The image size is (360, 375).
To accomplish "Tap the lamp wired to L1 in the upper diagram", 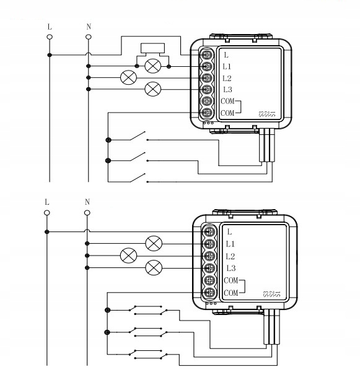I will click(152, 66).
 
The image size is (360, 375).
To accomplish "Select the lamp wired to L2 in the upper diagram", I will click(128, 77).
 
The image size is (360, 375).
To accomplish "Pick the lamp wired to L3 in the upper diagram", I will click(152, 89).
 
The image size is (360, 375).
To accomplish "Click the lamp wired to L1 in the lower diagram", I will click(153, 243).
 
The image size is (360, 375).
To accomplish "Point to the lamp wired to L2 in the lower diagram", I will click(128, 256).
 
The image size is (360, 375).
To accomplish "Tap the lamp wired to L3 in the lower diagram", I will click(153, 267).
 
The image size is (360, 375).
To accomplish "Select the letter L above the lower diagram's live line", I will click(47, 202).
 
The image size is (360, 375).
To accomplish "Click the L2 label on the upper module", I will click(227, 78).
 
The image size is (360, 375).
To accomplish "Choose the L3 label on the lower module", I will click(230, 268).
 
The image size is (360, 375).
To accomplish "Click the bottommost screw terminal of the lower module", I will click(210, 292).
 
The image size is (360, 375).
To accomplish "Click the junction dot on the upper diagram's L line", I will click(50, 55).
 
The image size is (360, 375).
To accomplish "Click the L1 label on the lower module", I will click(230, 244).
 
